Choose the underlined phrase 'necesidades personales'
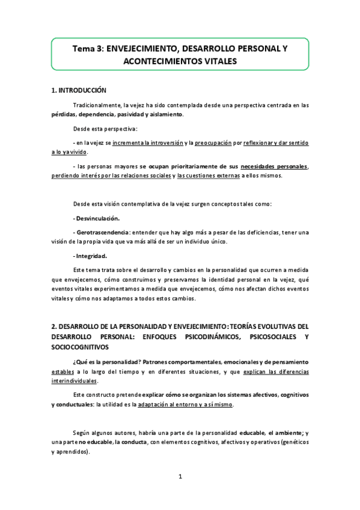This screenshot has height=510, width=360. click(274, 166)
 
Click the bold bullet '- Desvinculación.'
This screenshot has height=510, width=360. click(96, 218)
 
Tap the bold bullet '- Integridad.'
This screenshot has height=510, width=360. click(90, 256)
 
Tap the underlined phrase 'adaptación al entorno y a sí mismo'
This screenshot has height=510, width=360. click(185, 404)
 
